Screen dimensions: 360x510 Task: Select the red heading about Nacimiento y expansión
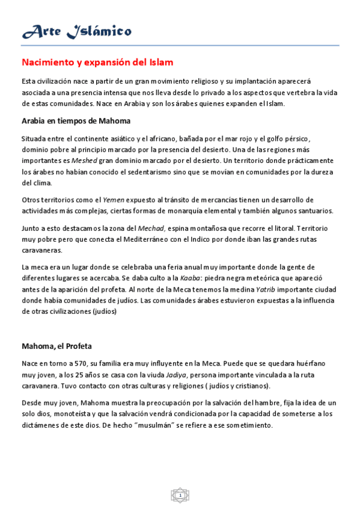pyautogui.click(x=98, y=62)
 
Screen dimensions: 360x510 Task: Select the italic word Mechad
pyautogui.click(x=151, y=228)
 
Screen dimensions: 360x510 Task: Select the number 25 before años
pyautogui.click(x=81, y=374)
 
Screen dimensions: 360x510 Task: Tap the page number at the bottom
pyautogui.click(x=180, y=495)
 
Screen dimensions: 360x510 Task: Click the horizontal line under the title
pyautogui.click(x=180, y=45)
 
